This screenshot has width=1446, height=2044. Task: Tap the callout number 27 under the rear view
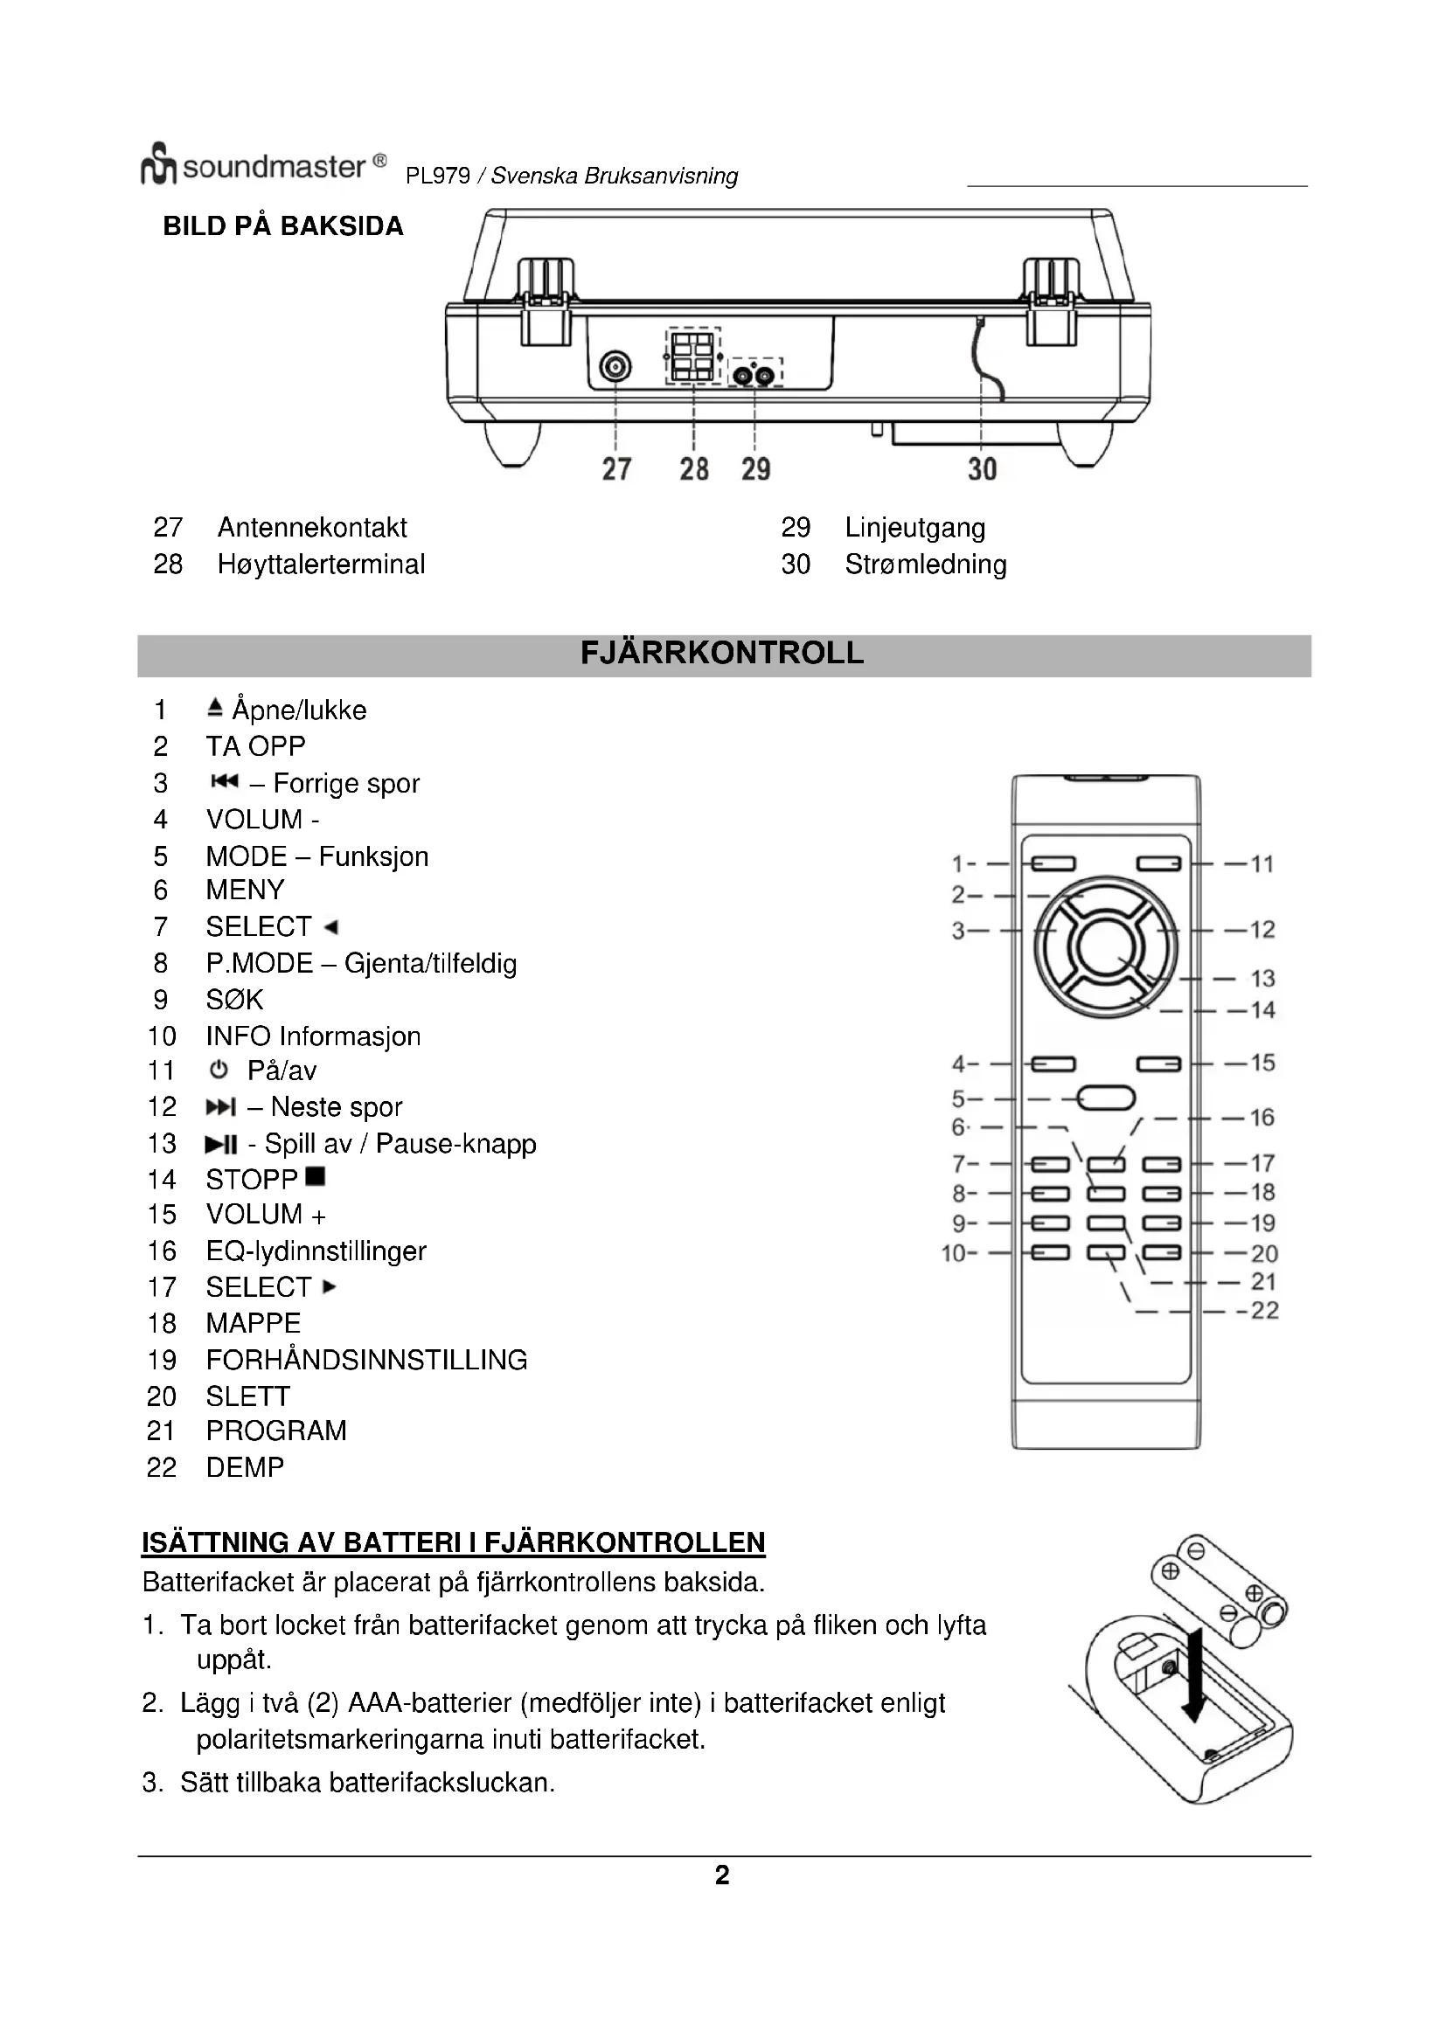click(616, 469)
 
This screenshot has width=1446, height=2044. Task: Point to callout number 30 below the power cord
click(982, 469)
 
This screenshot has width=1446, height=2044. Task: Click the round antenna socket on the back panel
click(615, 366)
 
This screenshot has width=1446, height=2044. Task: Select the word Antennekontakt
click(311, 528)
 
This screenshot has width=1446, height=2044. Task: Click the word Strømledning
click(925, 565)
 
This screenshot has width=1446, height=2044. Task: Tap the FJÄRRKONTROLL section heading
click(722, 655)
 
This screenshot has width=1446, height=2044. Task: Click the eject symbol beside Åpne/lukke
click(213, 709)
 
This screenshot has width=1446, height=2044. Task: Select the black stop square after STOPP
click(316, 1177)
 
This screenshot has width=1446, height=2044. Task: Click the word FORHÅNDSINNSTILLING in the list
click(366, 1360)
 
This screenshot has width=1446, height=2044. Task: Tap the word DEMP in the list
click(245, 1467)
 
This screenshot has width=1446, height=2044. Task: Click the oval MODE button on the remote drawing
click(1106, 1098)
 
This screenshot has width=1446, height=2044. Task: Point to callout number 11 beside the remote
click(1262, 863)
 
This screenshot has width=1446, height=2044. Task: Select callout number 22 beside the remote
click(1264, 1311)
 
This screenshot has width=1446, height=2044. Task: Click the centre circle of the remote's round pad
click(1105, 949)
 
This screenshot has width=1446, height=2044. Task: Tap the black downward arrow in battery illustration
click(1192, 1673)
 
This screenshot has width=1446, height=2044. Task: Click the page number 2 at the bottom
click(722, 1874)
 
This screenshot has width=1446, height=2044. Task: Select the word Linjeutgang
click(914, 528)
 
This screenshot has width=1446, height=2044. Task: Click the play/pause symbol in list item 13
click(221, 1144)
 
